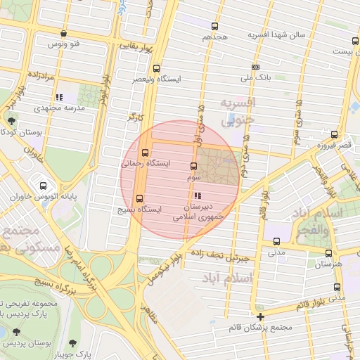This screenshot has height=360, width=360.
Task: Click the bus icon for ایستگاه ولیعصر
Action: (x=155, y=69)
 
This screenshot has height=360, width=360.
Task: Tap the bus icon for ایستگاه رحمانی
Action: (x=146, y=153)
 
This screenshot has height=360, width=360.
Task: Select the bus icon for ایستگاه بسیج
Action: (x=139, y=198)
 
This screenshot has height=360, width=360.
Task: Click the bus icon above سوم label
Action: (x=193, y=167)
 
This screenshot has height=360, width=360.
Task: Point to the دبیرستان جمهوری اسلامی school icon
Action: (x=198, y=195)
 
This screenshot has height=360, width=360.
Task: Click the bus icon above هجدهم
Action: (x=215, y=25)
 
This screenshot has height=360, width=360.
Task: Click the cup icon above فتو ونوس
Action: (x=64, y=33)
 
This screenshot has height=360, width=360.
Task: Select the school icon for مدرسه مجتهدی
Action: (x=59, y=97)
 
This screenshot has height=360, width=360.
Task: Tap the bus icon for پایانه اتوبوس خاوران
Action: (x=44, y=186)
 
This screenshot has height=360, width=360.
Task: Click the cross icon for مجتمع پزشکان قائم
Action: (x=261, y=316)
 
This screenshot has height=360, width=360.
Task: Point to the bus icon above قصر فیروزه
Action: (x=334, y=134)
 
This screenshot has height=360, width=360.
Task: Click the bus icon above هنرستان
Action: (x=328, y=253)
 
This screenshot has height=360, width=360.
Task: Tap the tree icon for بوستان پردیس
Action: (x=16, y=332)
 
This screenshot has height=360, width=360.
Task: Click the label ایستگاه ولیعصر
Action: (x=156, y=80)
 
